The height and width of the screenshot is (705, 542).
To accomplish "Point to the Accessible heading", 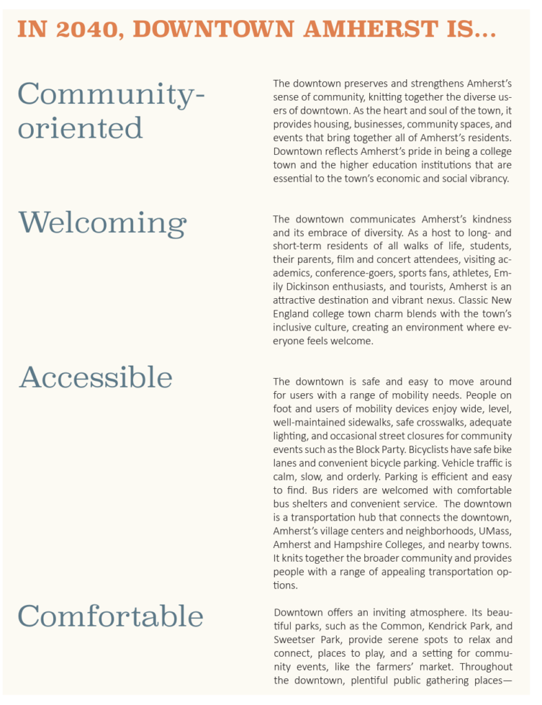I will (x=95, y=377).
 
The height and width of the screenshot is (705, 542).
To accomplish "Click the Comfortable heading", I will (x=110, y=615).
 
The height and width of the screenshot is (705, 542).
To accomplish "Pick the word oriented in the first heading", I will (x=80, y=128).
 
